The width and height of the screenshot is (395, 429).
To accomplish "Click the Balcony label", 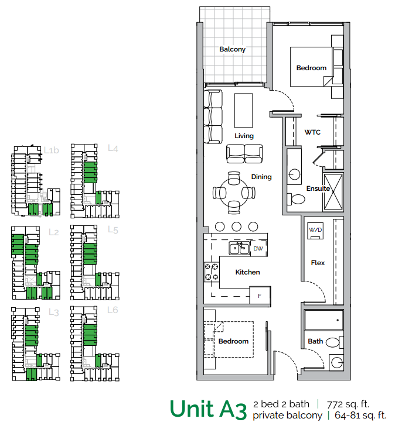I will coord(232,50).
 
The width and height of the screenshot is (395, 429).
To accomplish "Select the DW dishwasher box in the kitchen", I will coord(258,249).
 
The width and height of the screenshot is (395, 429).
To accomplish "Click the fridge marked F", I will coord(260,295).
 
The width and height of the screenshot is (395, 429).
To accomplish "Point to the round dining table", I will coord(234,192).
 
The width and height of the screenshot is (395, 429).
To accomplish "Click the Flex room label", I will coord(318,263).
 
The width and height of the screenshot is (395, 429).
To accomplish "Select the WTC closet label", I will coord(312,132).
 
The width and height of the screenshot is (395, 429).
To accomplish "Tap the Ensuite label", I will coord(318,188).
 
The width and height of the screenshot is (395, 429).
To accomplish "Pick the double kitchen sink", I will coord(239,249).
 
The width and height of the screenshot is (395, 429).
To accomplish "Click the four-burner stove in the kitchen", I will coord(211,272).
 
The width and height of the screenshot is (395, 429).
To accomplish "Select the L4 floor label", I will coord(113,149).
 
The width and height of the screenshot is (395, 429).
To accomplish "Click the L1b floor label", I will coord(52,150).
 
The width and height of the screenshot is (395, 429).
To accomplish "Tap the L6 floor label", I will coord(113,310).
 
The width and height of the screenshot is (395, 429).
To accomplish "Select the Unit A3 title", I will coord(207,409).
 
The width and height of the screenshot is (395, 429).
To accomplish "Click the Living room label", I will coord(244,136).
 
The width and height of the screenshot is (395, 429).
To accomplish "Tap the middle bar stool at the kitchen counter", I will coord(237,226).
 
